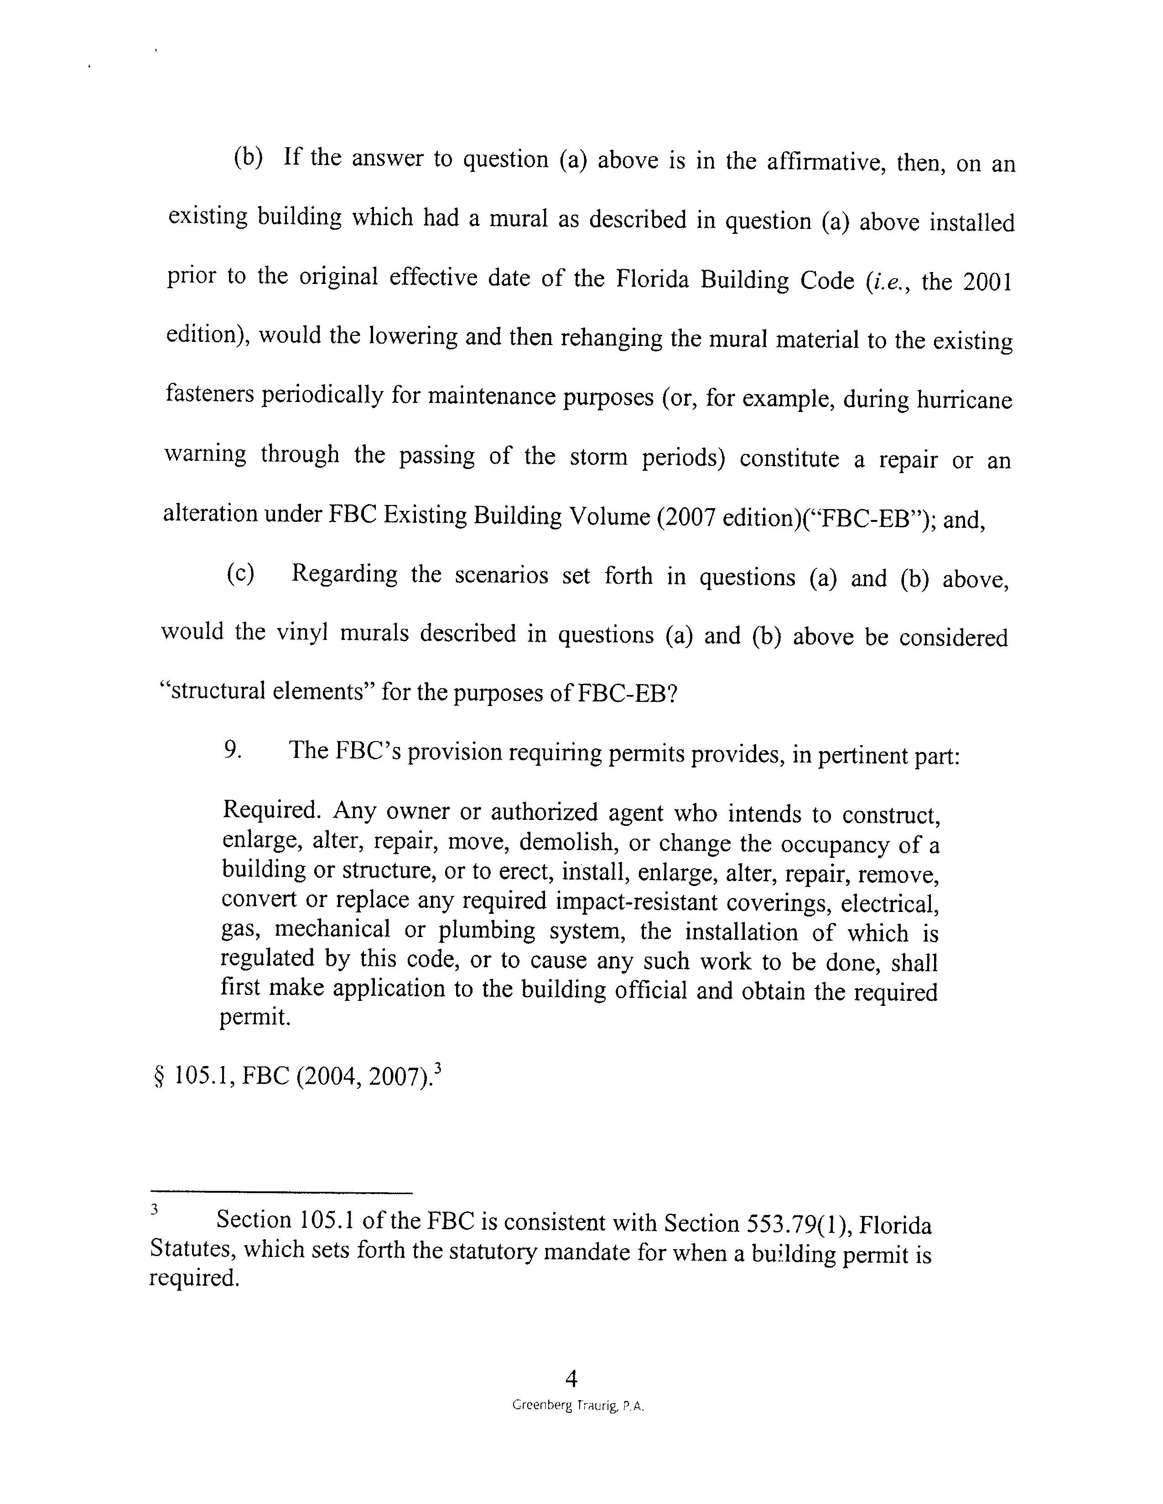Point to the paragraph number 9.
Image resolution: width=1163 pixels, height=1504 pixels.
tap(232, 749)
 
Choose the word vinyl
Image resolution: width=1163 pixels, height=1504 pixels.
tap(301, 632)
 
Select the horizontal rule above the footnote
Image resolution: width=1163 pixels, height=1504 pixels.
tap(280, 1192)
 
